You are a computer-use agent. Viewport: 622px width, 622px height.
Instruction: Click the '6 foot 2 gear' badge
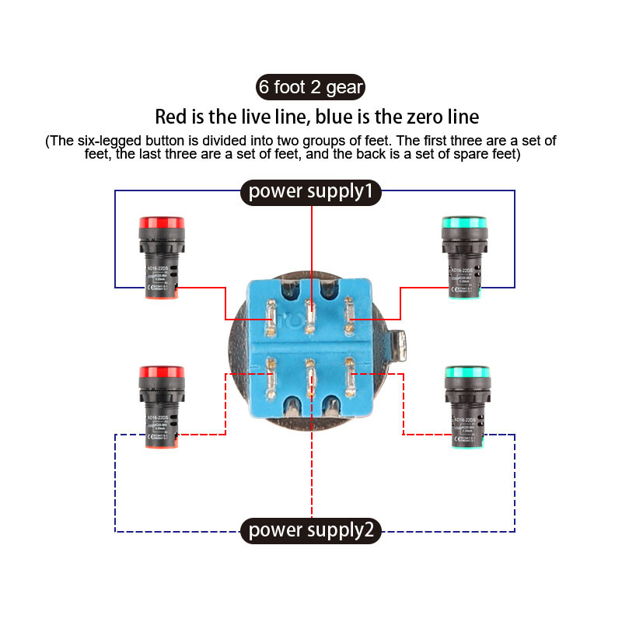tap(311, 87)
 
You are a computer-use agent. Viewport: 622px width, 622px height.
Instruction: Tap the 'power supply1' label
tap(311, 190)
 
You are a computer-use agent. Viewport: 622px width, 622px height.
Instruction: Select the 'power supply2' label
tap(311, 531)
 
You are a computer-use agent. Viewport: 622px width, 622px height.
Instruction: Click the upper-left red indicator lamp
tap(161, 257)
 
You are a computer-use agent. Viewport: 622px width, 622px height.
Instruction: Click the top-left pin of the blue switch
tap(271, 319)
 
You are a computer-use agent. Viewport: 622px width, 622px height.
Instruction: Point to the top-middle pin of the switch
tap(311, 317)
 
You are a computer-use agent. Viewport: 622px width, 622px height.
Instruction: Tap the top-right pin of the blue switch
tap(349, 319)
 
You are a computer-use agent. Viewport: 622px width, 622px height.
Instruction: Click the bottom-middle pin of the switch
tap(311, 377)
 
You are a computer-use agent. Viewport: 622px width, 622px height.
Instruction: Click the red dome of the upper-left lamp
tap(161, 223)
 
